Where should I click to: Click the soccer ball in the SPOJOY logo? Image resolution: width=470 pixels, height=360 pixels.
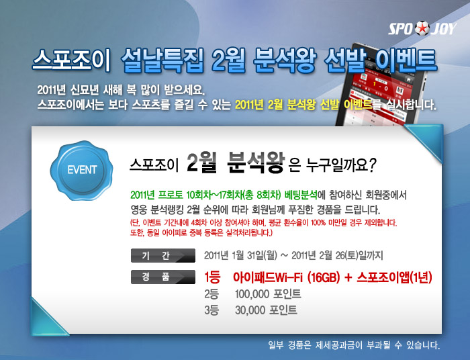[x=422, y=28]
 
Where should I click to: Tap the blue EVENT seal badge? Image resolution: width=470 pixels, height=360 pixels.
[x=81, y=170]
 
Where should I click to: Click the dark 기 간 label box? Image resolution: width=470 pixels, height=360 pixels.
[x=163, y=255]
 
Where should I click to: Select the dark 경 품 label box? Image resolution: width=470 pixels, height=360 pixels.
[x=163, y=277]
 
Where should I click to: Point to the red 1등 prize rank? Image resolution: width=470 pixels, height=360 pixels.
[x=212, y=277]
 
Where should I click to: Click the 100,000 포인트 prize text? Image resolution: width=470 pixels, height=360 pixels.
[x=268, y=294]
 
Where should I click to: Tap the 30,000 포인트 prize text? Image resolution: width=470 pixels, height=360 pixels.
[x=266, y=310]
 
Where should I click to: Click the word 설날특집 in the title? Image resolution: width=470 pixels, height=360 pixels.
[x=162, y=60]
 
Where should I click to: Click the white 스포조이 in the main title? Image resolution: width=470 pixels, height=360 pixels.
[x=71, y=60]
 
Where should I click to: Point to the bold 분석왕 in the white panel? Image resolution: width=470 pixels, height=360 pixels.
[x=255, y=162]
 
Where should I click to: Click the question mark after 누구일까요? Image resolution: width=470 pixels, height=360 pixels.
[x=372, y=165]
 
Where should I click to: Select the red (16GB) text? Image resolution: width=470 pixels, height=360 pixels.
[x=324, y=277]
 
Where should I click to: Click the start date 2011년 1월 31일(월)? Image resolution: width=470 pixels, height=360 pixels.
[x=240, y=256]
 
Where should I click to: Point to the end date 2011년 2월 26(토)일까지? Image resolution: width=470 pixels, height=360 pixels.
[x=337, y=256]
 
